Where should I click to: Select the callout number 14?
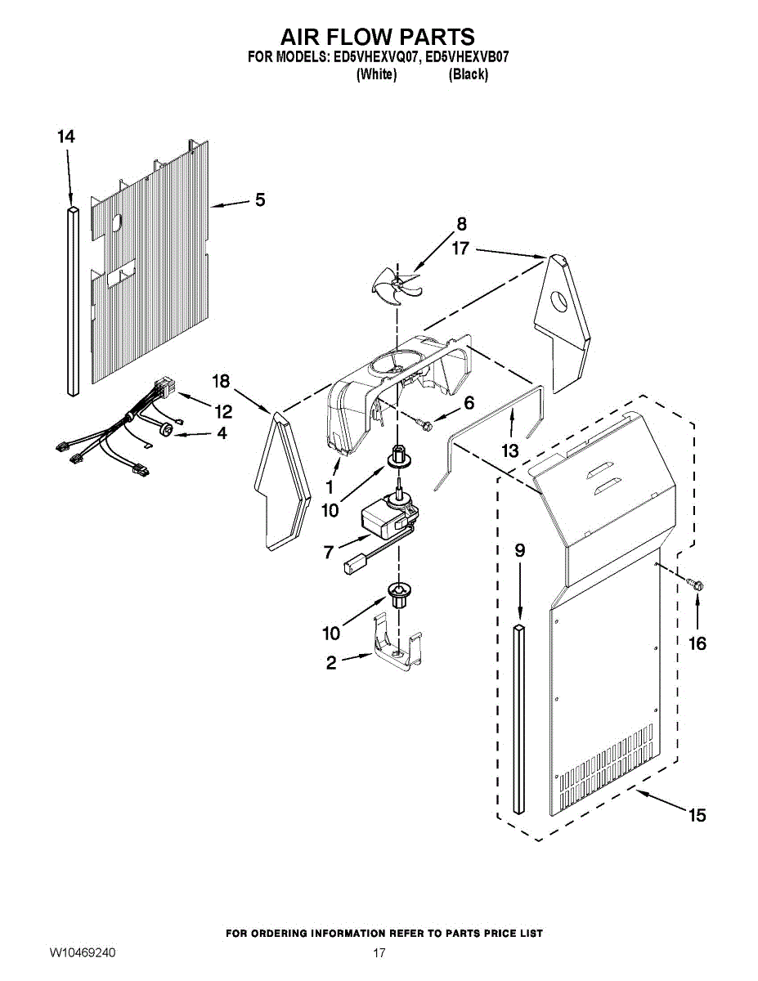click(x=66, y=137)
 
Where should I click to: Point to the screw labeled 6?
click(x=424, y=423)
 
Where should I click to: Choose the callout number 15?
click(x=697, y=815)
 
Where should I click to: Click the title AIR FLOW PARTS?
click(x=378, y=37)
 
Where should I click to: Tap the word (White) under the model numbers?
click(x=377, y=74)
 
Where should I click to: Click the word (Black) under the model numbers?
click(x=469, y=74)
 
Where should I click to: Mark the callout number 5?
click(x=259, y=199)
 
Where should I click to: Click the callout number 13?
click(x=510, y=450)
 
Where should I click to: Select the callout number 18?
click(x=221, y=381)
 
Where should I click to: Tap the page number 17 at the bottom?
click(x=379, y=953)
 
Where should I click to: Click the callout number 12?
click(x=223, y=410)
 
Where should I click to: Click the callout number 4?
click(x=221, y=434)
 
